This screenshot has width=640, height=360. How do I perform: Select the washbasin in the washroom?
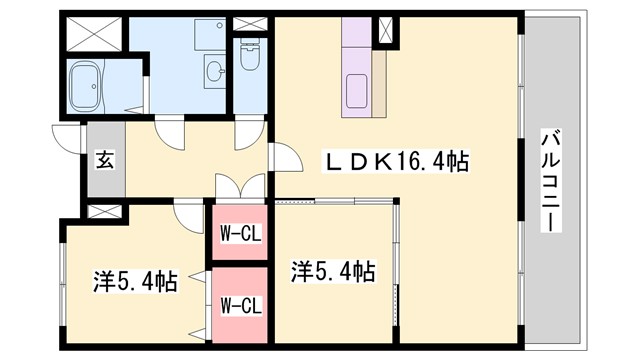click(213, 69)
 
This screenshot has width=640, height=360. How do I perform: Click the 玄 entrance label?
click(103, 159)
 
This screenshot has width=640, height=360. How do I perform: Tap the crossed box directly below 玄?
click(103, 212)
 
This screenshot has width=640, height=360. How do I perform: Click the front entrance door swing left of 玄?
click(68, 141)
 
